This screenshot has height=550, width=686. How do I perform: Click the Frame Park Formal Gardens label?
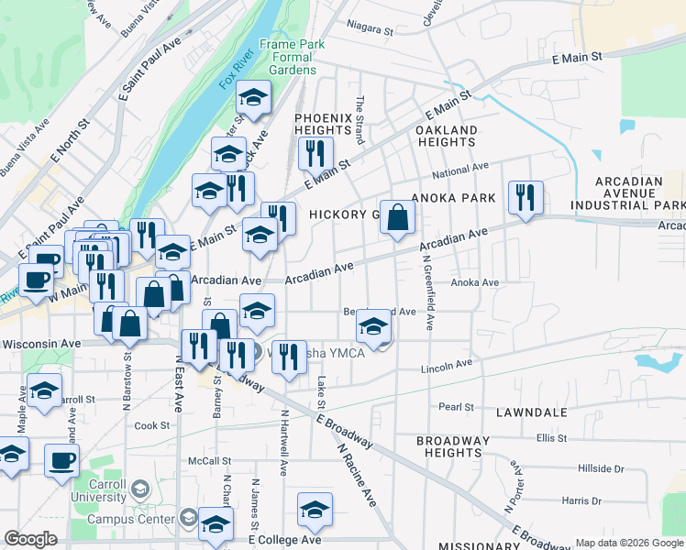(288, 57)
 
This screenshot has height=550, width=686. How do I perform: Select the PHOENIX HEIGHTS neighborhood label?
(323, 125)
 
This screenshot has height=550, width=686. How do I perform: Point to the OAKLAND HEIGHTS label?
(446, 136)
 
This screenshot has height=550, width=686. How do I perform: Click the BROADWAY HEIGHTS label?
(453, 446)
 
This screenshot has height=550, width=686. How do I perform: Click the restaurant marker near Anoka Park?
(525, 198)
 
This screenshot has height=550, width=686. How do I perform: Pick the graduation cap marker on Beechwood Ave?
(372, 328)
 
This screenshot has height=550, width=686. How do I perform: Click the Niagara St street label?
(371, 30)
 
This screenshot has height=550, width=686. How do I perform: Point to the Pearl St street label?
(456, 407)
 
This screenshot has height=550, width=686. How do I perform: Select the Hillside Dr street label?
(601, 468)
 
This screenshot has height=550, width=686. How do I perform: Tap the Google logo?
(30, 539)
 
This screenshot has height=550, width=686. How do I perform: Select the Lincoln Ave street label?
(446, 367)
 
